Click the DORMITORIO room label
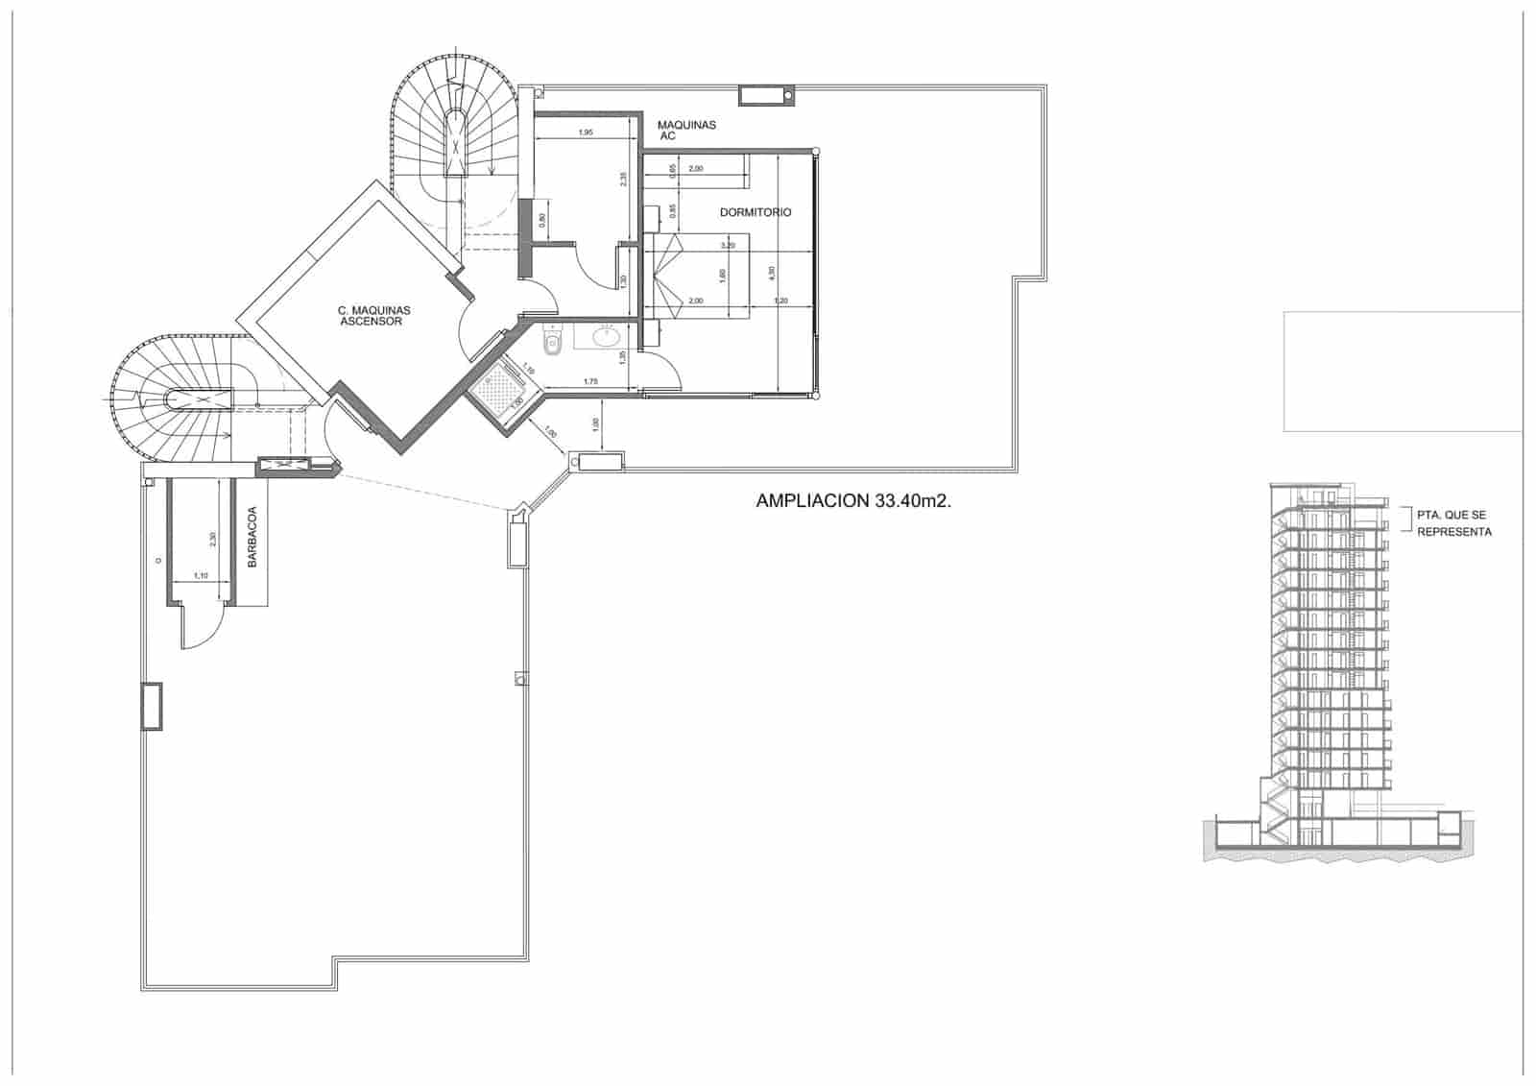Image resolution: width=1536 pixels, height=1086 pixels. point(756,212)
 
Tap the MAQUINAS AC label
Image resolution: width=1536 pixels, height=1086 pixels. point(685,131)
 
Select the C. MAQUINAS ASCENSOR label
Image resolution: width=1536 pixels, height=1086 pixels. point(374,316)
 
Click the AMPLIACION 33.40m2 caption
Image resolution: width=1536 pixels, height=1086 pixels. point(853,501)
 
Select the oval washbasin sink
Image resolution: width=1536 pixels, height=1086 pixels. point(608,337)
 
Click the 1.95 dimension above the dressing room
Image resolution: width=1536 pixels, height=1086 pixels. point(585,133)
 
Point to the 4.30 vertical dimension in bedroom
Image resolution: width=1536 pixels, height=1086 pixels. point(770,273)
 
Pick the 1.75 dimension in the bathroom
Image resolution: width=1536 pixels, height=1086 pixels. point(591,383)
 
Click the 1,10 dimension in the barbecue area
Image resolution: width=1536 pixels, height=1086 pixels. point(201,576)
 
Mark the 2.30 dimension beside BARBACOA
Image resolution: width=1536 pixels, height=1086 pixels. point(213,540)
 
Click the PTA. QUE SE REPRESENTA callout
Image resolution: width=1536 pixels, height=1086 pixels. point(1453,523)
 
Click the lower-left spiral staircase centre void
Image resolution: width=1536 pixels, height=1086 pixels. point(200,399)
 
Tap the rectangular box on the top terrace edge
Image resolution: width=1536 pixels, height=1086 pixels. point(765,95)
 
